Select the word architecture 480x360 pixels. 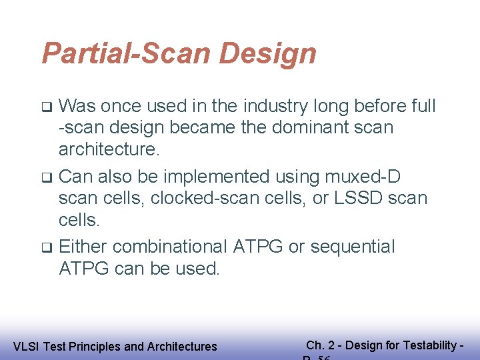pos(109,149)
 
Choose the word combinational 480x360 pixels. pos(170,247)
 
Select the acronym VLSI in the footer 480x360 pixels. pos(25,347)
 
